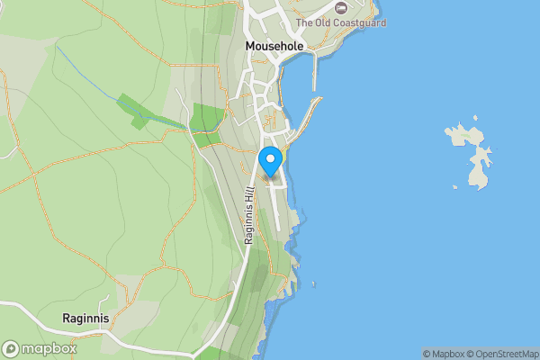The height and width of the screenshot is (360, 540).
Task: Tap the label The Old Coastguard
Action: (340, 22)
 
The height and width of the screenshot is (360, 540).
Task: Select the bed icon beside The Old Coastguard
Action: (341, 8)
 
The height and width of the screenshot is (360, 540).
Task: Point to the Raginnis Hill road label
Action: (249, 215)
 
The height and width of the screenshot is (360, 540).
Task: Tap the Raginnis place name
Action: (86, 319)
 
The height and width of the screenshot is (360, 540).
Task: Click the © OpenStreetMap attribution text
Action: (499, 354)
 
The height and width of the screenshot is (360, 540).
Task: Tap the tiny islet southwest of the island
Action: (455, 187)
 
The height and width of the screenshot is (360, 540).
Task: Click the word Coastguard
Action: (359, 22)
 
